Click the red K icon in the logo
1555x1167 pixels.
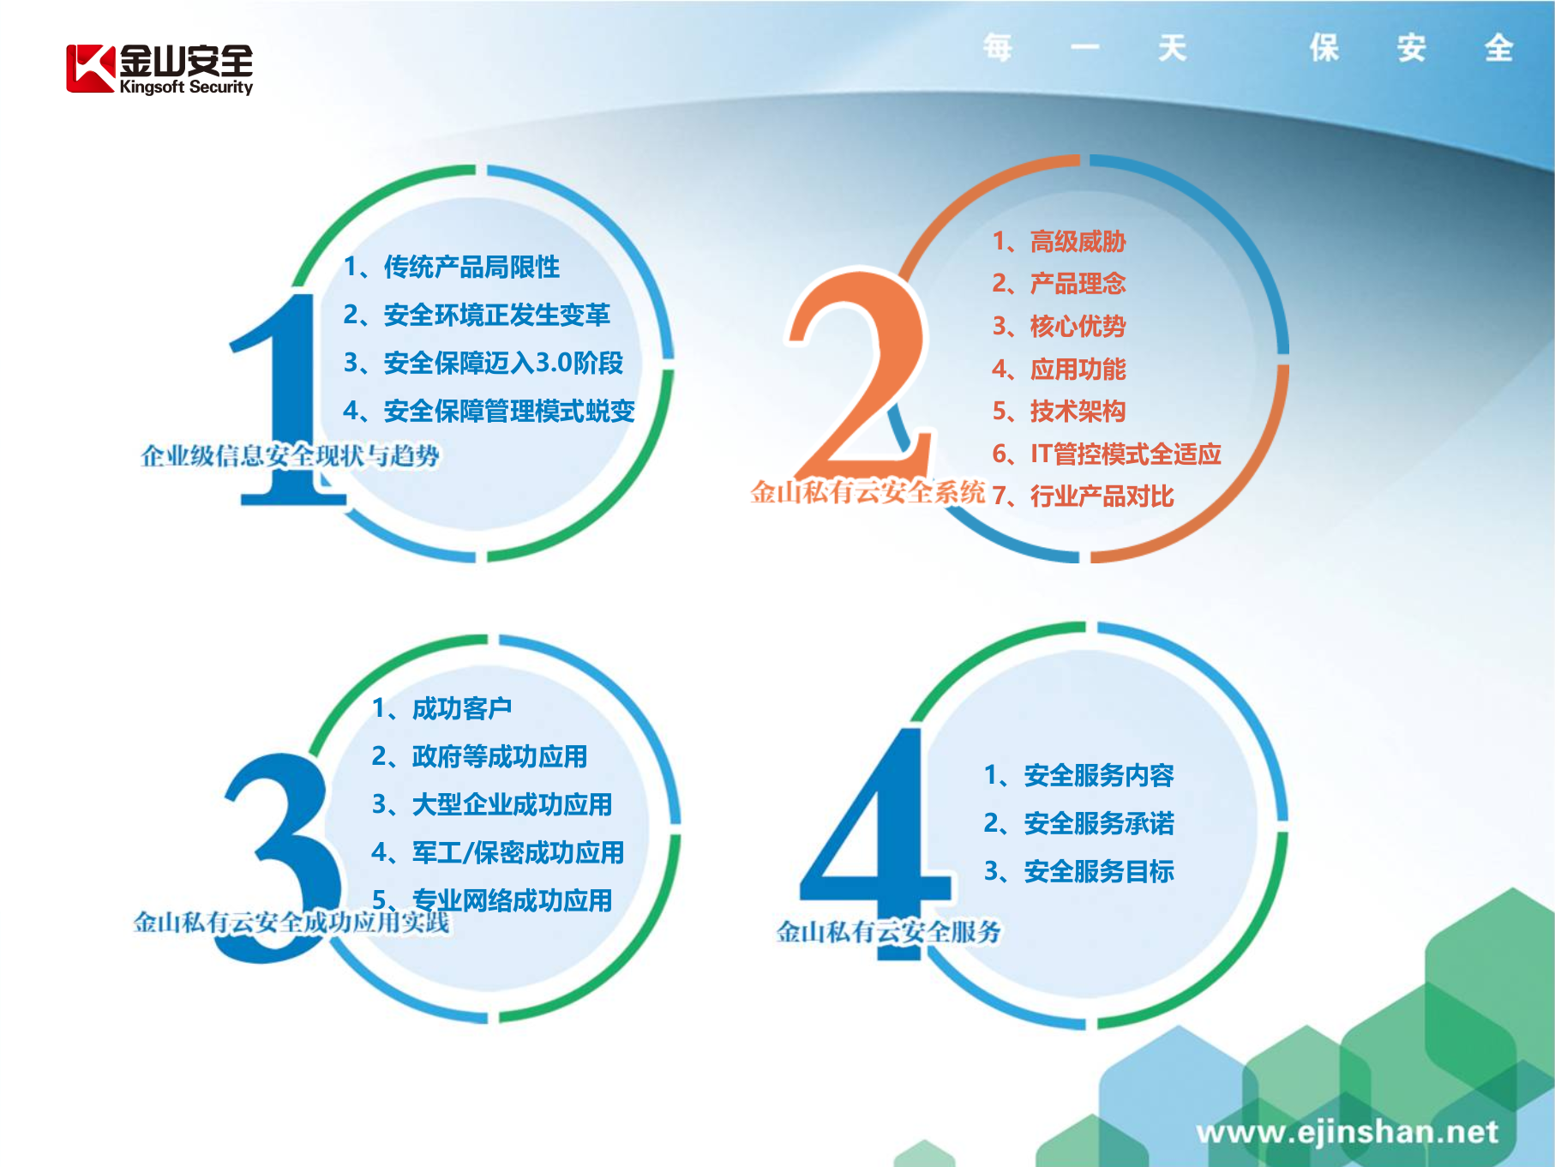pyautogui.click(x=90, y=69)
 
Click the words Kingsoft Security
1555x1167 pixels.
pyautogui.click(x=186, y=87)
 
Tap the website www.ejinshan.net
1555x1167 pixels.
pyautogui.click(x=1347, y=1132)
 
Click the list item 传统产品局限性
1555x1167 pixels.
pyautogui.click(x=471, y=267)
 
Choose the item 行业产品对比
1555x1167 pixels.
pyautogui.click(x=1102, y=496)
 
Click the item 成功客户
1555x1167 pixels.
pyautogui.click(x=461, y=708)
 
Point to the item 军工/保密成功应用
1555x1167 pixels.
pyautogui.click(x=517, y=852)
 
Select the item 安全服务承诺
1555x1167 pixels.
pyautogui.click(x=1098, y=823)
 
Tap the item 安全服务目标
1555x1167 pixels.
pyautogui.click(x=1098, y=871)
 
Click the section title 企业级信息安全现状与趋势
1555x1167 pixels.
pyautogui.click(x=290, y=455)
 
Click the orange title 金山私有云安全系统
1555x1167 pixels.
pyautogui.click(x=868, y=492)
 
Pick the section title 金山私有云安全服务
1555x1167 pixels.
pyautogui.click(x=888, y=931)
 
